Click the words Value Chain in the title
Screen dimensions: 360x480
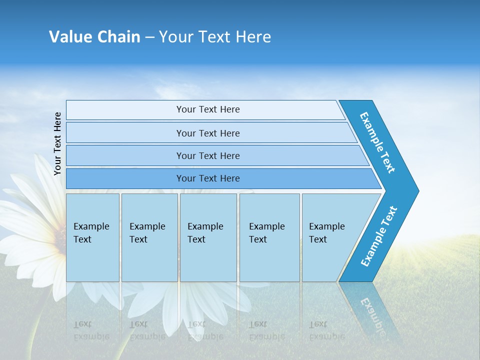[x=94, y=37]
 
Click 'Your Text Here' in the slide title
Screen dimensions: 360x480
[x=215, y=37]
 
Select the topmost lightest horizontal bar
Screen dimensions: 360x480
[x=207, y=109]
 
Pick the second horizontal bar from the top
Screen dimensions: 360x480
[x=207, y=133]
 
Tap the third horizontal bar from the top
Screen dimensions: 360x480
[x=207, y=155]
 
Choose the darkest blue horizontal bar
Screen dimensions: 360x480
[x=207, y=178]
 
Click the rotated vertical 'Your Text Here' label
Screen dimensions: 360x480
[x=57, y=143]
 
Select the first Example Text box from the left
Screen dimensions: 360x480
[x=92, y=237]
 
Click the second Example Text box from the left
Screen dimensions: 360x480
[x=149, y=237]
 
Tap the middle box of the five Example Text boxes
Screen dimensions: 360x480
[x=208, y=237]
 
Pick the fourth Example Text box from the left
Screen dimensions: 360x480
[x=269, y=237]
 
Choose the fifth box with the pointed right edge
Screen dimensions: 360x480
[x=330, y=237]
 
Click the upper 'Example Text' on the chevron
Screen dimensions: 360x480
[x=378, y=142]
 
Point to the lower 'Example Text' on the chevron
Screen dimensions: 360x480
[x=379, y=236]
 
